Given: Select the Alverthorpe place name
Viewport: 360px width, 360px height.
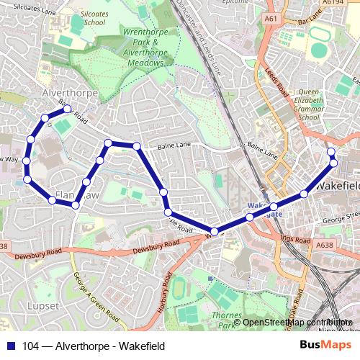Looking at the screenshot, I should tap(64, 94).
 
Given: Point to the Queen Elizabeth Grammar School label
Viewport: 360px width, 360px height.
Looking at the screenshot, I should tap(308, 104).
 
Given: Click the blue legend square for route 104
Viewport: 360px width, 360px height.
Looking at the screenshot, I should tap(9, 346).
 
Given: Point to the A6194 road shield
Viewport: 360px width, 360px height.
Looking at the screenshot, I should tap(333, 3).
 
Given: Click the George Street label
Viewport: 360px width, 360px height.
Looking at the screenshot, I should tap(342, 215).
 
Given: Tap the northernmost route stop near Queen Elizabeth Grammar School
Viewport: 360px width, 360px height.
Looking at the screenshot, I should tap(331, 152).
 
